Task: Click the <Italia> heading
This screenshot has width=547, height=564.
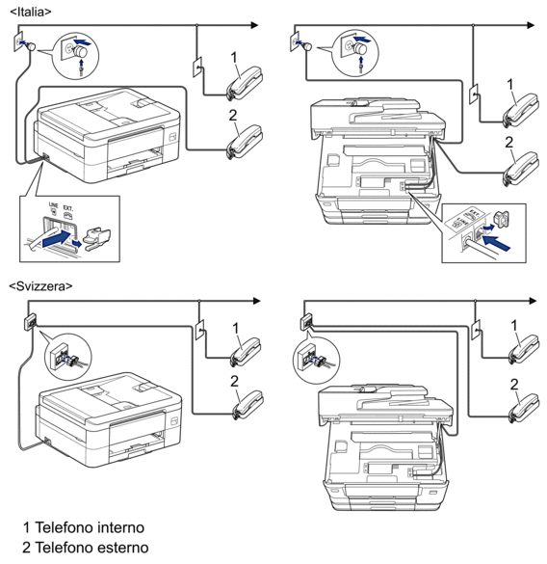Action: coord(31,12)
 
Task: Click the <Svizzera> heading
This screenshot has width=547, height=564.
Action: coord(40,286)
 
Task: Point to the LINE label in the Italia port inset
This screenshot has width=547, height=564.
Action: coord(53,205)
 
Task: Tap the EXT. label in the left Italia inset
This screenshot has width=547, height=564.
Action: coord(68,208)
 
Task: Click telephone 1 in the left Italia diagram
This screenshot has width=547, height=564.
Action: coord(245,83)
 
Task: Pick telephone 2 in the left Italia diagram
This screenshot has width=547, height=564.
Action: coord(245,142)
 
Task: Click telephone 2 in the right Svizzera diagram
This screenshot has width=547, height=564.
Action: coord(524,408)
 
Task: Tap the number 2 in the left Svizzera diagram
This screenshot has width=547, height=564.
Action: coord(234,381)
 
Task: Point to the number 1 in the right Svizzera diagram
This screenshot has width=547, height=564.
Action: coord(514,326)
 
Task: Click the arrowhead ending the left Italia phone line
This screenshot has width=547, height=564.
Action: coord(254,25)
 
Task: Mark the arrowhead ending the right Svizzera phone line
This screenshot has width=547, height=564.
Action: coord(533,301)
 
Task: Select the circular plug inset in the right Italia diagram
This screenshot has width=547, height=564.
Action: coord(355,52)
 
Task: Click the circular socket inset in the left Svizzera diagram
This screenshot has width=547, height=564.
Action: coord(68,357)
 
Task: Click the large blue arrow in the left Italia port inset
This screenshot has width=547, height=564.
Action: coord(57,238)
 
